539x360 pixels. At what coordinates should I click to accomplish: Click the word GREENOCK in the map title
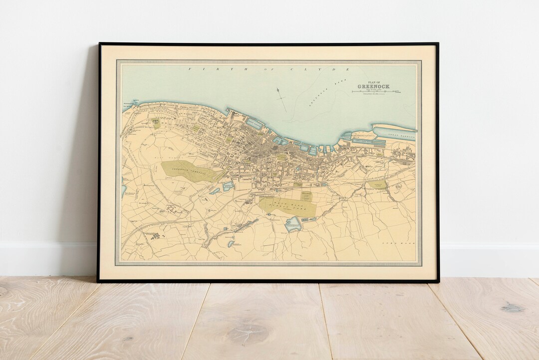tap(373, 86)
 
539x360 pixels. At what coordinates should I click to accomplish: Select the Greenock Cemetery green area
tap(188, 170)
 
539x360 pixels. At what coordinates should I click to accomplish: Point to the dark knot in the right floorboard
tap(513, 308)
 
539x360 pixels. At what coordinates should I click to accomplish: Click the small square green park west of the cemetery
tap(156, 123)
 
